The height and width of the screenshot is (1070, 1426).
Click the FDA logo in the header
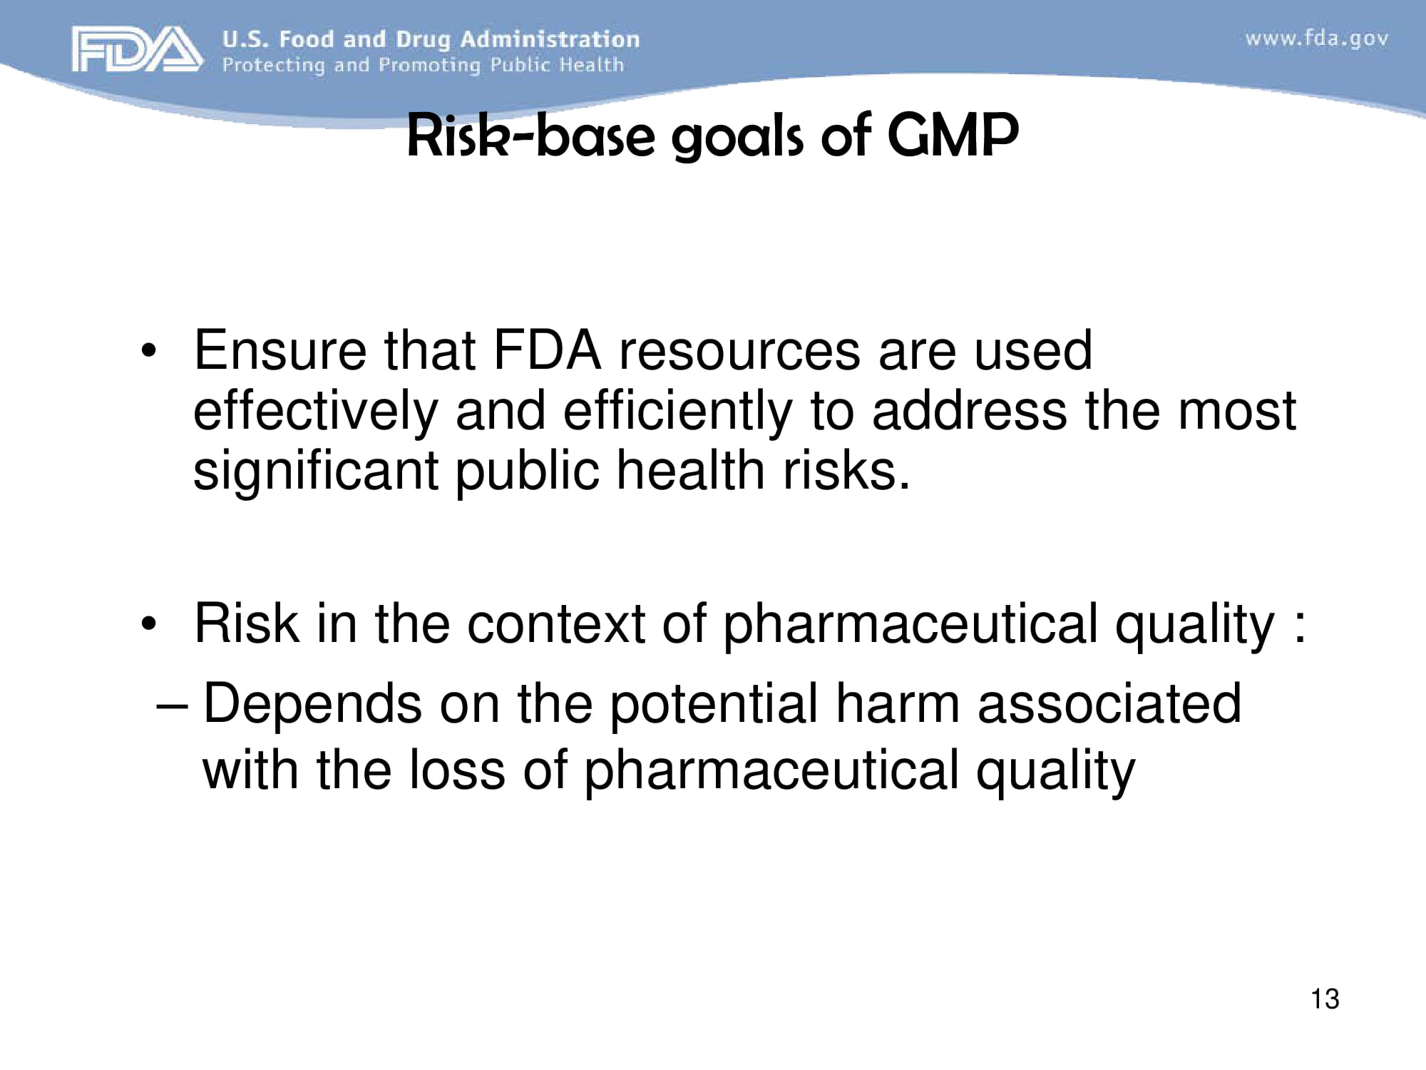click(x=135, y=49)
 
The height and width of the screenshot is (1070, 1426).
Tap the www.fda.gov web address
click(x=1316, y=39)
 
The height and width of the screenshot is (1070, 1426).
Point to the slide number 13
click(x=1325, y=999)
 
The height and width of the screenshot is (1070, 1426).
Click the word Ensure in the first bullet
click(x=279, y=350)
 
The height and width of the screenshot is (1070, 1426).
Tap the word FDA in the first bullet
click(x=547, y=350)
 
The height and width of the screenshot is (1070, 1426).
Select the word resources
click(x=739, y=350)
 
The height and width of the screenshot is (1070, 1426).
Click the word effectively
click(x=315, y=412)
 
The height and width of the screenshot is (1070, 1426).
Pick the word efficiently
click(x=677, y=412)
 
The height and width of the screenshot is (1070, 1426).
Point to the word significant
click(x=315, y=472)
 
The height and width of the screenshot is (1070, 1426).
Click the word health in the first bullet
click(x=690, y=472)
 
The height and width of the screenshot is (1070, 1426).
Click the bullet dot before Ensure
click(x=148, y=352)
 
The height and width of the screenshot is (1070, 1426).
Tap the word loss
click(x=456, y=770)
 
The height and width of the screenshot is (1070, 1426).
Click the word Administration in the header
click(x=550, y=39)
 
